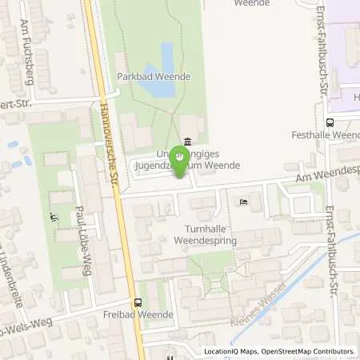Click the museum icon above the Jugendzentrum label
pos(187,142)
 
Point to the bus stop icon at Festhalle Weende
pos(330,122)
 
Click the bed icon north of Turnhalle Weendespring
pos(244,202)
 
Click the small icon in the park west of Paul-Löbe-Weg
pos(53,217)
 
